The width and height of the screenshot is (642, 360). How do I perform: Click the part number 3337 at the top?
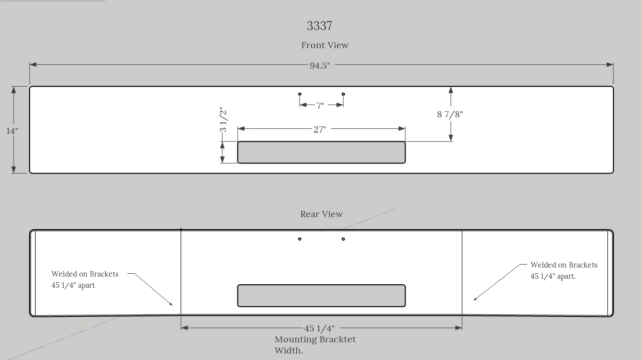pos(319,26)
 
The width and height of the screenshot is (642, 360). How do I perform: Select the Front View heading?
pos(325,45)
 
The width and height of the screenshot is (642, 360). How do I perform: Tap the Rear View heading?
pos(322,214)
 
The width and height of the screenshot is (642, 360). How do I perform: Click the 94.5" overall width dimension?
pos(320,66)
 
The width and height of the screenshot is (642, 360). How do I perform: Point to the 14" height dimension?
pos(12,131)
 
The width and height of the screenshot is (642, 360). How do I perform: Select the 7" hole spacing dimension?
pos(320,106)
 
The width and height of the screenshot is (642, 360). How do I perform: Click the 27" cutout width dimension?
pos(320,129)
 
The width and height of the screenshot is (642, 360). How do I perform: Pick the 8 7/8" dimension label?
pos(450,114)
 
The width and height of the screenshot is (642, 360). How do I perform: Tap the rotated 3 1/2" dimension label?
pos(223,120)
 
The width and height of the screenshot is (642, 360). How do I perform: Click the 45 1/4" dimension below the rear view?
pos(320,328)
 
